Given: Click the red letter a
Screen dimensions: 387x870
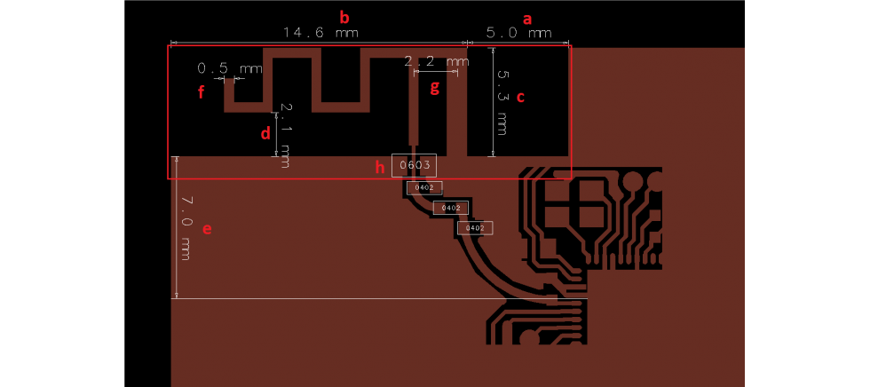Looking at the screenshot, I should (x=528, y=17).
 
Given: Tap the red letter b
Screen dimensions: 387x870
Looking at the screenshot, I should (x=345, y=16).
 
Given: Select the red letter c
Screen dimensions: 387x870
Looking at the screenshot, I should (x=521, y=98).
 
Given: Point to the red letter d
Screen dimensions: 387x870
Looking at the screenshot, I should (x=265, y=134).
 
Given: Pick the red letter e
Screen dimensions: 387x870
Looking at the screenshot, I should (x=207, y=229).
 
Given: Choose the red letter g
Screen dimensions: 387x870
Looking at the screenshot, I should (x=434, y=87).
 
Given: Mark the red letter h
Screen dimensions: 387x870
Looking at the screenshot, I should (x=380, y=166).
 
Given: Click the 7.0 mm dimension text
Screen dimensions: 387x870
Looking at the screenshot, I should (x=186, y=226).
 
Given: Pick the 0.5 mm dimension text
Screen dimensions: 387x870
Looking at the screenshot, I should (x=229, y=68).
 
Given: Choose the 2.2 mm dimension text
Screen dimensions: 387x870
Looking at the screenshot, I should (x=436, y=61).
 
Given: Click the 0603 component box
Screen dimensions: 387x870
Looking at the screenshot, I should (x=415, y=165).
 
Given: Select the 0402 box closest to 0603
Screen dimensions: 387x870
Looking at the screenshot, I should (x=424, y=187).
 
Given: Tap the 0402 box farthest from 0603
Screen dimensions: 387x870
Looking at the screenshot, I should (x=474, y=228).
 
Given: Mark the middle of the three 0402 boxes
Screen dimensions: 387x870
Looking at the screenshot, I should (x=450, y=208).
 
